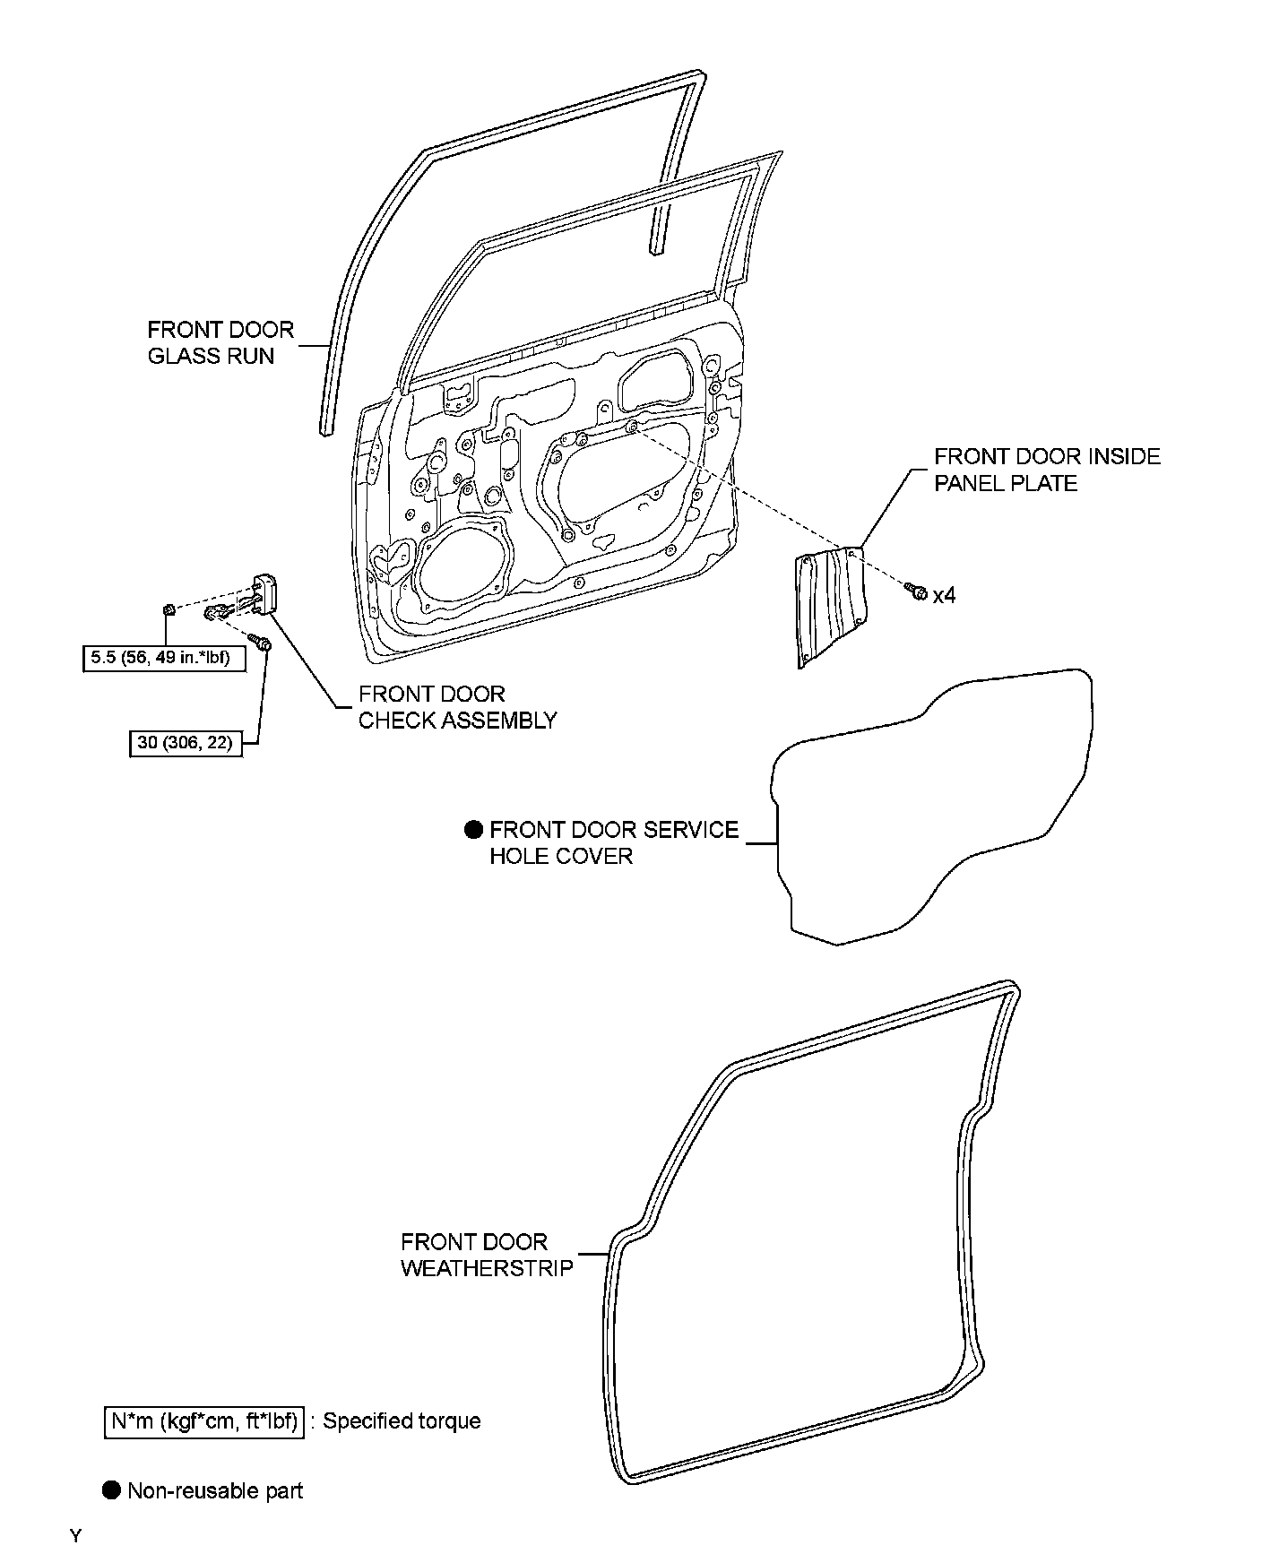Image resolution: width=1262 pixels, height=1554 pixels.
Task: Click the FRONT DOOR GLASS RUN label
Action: [x=220, y=342]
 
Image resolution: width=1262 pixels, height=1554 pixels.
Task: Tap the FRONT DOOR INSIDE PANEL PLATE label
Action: [x=1047, y=470]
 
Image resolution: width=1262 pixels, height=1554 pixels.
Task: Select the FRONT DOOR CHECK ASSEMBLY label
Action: [x=457, y=707]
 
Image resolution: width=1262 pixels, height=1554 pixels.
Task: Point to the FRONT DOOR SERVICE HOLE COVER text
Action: [x=614, y=842]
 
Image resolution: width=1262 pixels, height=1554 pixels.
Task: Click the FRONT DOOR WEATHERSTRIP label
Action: [x=487, y=1255]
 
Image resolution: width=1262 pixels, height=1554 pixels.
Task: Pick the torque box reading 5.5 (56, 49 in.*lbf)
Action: [x=164, y=659]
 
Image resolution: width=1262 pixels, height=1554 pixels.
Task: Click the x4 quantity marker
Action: [x=944, y=595]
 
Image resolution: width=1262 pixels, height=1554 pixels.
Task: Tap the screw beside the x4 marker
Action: [x=916, y=591]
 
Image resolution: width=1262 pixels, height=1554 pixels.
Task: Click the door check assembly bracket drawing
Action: [x=266, y=594]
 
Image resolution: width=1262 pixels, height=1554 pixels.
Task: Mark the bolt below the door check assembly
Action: [x=261, y=643]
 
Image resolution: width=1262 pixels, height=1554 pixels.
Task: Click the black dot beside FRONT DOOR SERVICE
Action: [x=473, y=830]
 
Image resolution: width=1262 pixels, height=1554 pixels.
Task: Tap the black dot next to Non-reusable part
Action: [x=111, y=1490]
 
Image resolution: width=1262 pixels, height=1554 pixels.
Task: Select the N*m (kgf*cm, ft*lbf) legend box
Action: [x=204, y=1421]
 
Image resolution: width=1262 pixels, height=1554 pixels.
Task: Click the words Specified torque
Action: [x=402, y=1421]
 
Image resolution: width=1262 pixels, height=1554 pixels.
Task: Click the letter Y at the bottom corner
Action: [x=75, y=1536]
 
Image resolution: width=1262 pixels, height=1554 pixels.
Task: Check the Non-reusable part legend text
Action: [x=215, y=1490]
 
